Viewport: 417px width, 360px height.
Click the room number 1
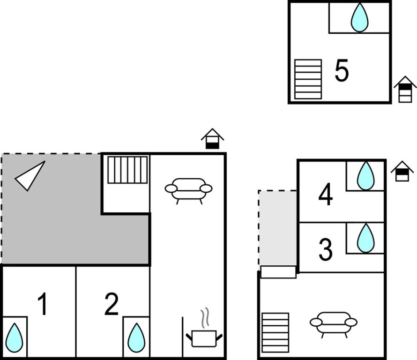(43, 304)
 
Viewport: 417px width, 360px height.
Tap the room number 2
(112, 304)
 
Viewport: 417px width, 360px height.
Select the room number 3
(326, 250)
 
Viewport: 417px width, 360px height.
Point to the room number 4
(326, 195)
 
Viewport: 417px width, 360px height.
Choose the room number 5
(342, 71)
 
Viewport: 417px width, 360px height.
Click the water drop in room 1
(15, 337)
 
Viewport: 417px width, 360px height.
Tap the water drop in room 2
(136, 337)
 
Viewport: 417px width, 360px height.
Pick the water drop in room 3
(365, 238)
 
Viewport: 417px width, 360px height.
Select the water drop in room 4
(365, 176)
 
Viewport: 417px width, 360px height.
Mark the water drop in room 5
(360, 17)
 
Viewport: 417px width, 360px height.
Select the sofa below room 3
(333, 323)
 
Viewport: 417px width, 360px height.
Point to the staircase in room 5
(308, 79)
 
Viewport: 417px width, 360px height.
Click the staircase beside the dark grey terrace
(127, 170)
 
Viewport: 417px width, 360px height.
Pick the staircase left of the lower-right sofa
(275, 332)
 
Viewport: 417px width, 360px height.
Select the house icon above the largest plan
(212, 139)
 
